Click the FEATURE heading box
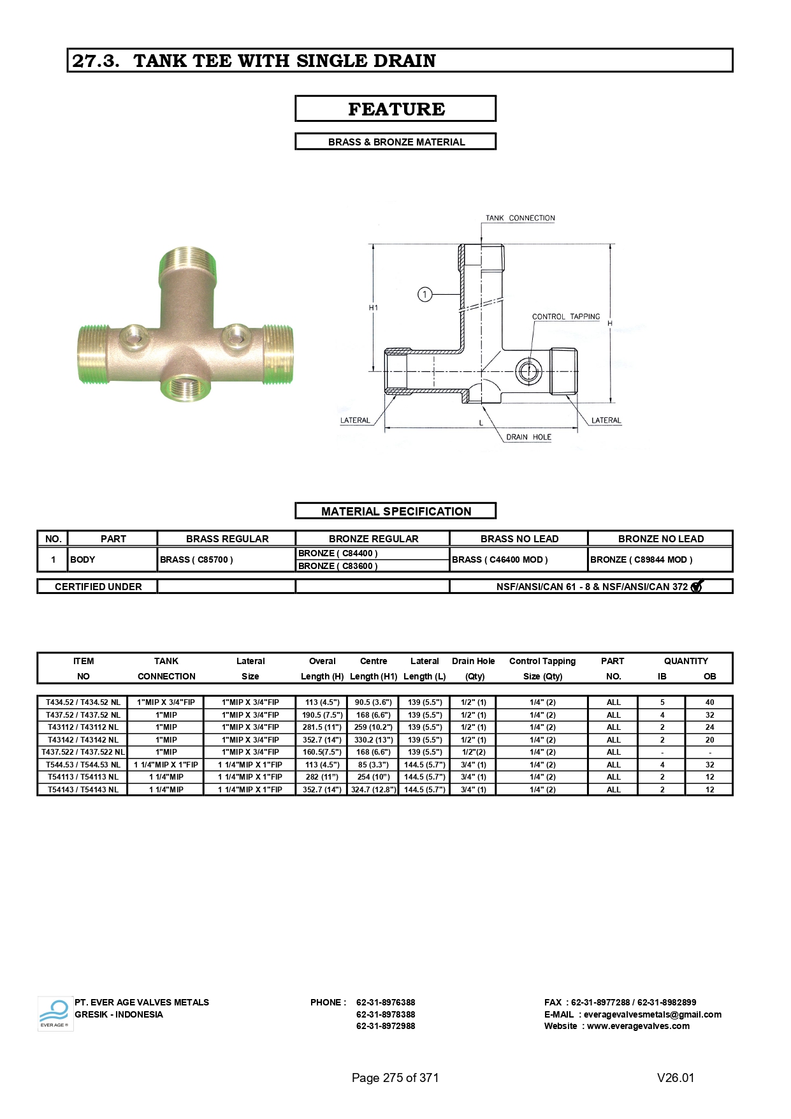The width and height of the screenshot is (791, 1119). click(x=395, y=108)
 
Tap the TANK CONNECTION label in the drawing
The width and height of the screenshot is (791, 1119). click(x=520, y=218)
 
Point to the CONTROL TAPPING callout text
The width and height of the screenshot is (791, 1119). click(x=566, y=316)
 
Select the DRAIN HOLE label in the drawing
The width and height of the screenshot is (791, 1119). click(x=528, y=437)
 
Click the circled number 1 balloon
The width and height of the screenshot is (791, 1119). click(x=425, y=294)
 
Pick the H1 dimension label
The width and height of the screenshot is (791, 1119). click(x=374, y=308)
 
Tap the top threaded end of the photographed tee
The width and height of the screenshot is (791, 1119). click(x=188, y=262)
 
